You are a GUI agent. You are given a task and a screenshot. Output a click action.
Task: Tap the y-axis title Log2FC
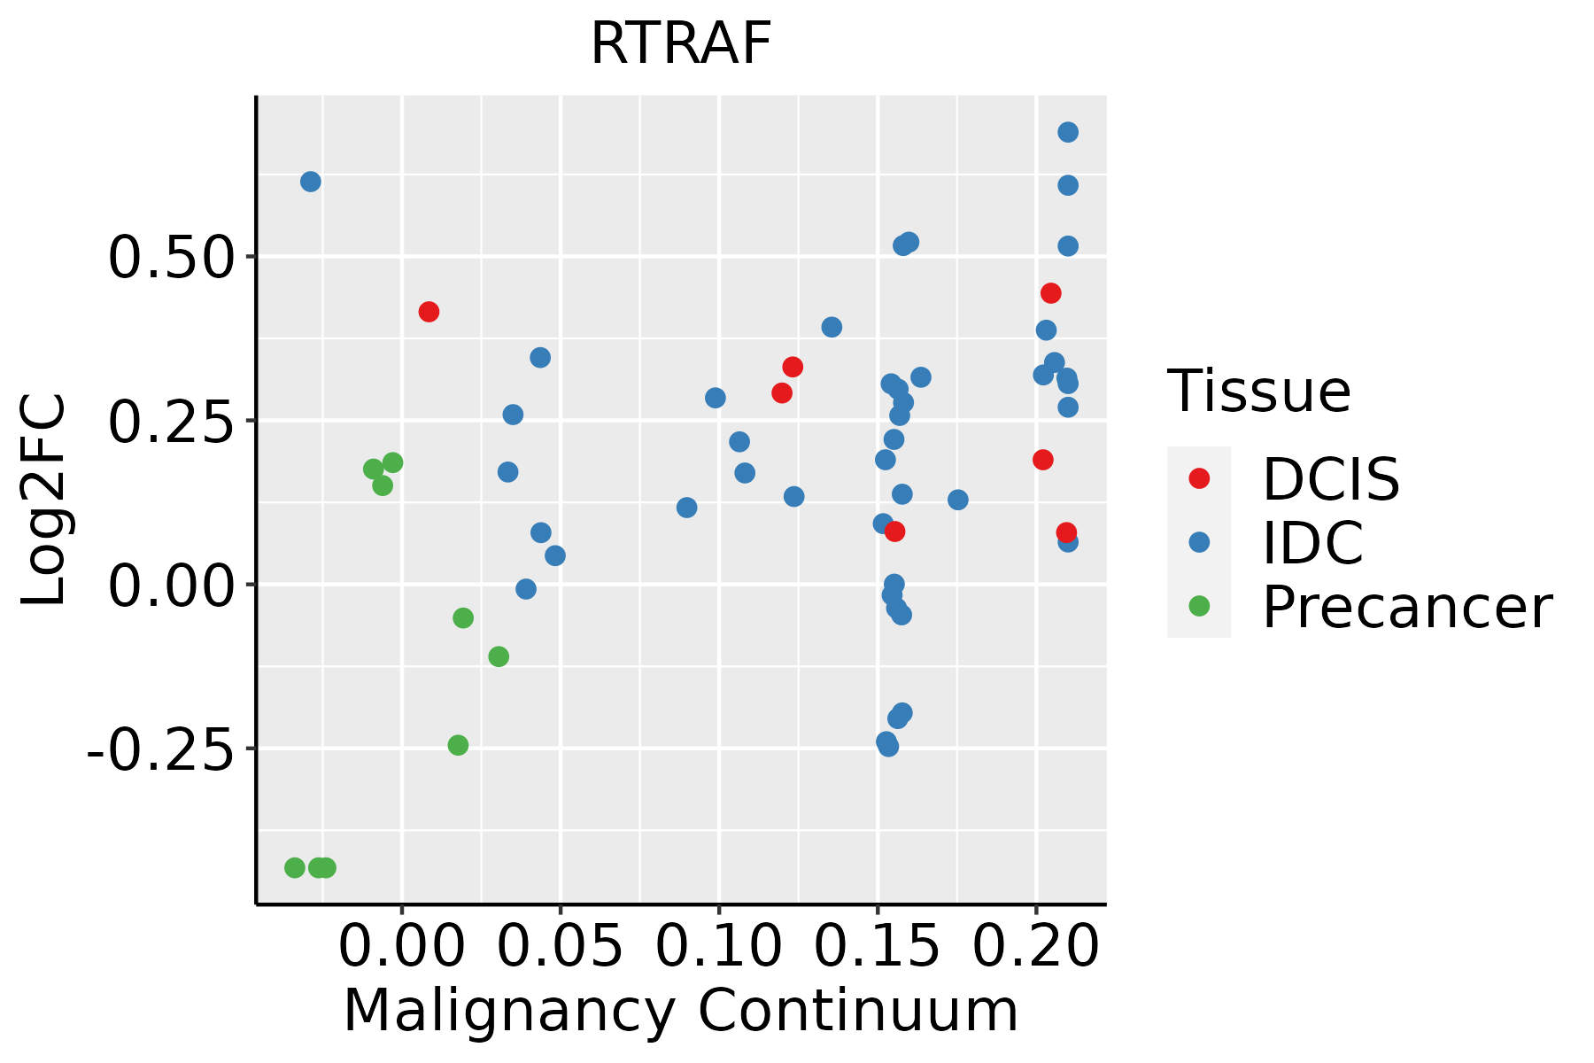click(x=44, y=500)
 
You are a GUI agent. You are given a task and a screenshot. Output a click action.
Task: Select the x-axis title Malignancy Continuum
click(x=680, y=1011)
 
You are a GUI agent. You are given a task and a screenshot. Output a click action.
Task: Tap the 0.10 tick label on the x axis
click(x=719, y=947)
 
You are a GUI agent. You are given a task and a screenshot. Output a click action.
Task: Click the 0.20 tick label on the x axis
click(x=1036, y=947)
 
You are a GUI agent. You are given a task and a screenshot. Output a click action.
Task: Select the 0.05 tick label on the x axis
click(x=561, y=947)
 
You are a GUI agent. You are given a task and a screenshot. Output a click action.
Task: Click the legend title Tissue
click(x=1258, y=391)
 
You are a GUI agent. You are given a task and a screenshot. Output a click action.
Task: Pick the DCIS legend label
click(x=1330, y=479)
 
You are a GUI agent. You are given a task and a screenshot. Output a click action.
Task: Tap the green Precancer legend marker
click(x=1199, y=606)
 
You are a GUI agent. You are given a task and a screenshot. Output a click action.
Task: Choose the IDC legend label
click(x=1312, y=543)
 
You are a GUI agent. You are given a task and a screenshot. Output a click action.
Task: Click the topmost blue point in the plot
click(x=1068, y=132)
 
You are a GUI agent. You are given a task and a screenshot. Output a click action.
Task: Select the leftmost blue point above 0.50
click(x=311, y=182)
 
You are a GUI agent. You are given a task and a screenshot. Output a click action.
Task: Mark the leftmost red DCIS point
click(x=429, y=312)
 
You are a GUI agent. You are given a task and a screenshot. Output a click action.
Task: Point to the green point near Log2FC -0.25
click(x=458, y=745)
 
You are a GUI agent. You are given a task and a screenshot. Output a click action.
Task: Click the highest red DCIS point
click(x=1051, y=293)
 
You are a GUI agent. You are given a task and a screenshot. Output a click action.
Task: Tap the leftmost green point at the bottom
click(x=295, y=867)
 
